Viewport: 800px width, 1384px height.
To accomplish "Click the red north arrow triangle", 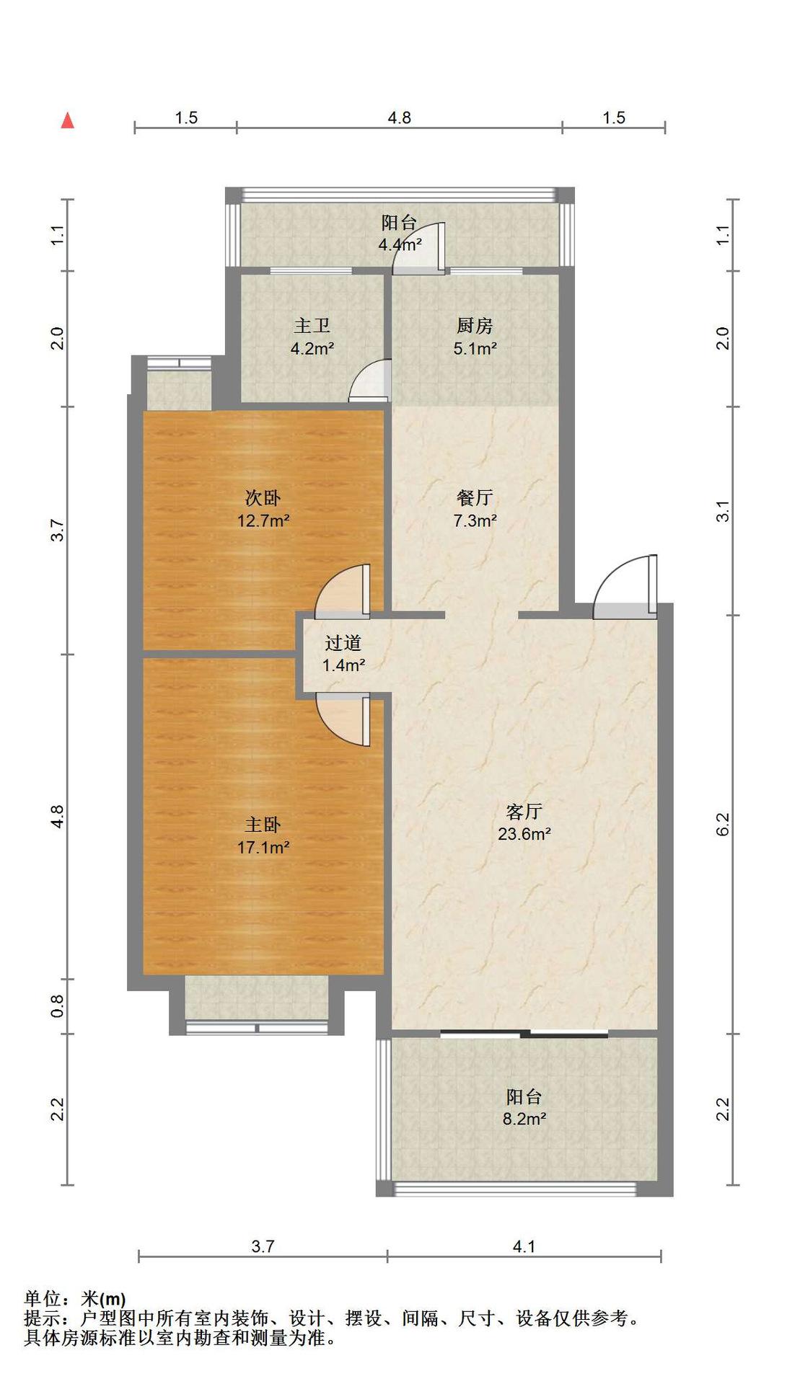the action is (x=68, y=120).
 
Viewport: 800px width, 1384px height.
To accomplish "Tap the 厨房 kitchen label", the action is (x=475, y=326).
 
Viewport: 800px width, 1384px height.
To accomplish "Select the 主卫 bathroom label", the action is (x=312, y=326).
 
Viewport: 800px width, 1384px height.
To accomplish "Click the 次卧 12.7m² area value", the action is (x=263, y=520).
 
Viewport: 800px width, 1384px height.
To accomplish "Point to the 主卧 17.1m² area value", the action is (x=263, y=848).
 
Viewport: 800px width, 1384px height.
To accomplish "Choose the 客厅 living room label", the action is (x=524, y=812).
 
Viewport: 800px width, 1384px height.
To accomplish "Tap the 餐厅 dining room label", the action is (x=475, y=497).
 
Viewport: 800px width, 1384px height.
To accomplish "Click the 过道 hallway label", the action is (x=343, y=642).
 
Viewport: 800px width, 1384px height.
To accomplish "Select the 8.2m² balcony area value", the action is (x=524, y=1119).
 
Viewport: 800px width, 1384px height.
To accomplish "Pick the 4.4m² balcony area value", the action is (x=400, y=244).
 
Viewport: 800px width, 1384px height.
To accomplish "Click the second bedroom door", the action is (x=343, y=592).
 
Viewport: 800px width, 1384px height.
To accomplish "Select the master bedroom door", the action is (x=343, y=721).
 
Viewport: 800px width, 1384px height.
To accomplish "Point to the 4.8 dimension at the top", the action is (x=399, y=117).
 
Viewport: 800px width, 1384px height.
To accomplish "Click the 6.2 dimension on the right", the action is (x=723, y=824).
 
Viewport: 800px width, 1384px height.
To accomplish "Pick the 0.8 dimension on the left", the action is (x=58, y=1006).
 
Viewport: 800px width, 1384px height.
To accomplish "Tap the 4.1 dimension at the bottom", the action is (x=524, y=1246).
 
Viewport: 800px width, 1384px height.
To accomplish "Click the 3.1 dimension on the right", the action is (x=723, y=511).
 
